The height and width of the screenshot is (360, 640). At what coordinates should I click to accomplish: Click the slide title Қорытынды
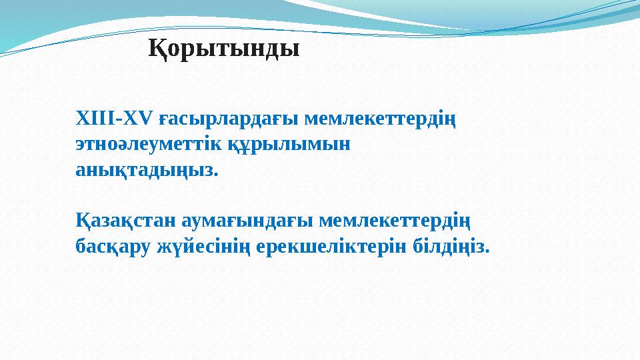(x=223, y=49)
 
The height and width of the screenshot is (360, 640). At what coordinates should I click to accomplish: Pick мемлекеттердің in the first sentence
(x=380, y=121)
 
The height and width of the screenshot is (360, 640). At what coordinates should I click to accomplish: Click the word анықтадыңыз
(x=143, y=170)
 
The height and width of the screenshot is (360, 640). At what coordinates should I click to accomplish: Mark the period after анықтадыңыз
(x=215, y=174)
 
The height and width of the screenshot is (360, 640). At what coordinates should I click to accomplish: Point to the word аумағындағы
(x=245, y=221)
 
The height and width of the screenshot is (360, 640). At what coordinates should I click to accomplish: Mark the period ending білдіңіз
(x=487, y=251)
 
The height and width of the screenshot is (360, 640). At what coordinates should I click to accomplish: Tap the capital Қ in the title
(x=155, y=49)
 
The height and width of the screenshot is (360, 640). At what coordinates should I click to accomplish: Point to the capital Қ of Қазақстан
(x=81, y=220)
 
